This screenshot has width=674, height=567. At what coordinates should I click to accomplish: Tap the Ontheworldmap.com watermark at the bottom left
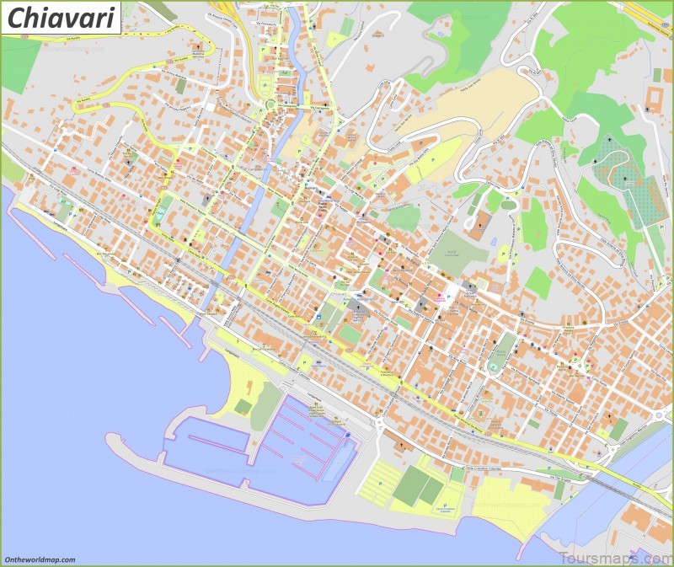[x=40, y=559]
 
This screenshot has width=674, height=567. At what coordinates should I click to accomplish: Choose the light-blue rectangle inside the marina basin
[x=336, y=463]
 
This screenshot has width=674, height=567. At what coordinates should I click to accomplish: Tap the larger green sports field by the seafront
[x=410, y=486]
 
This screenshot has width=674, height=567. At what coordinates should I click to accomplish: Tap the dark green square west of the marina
[x=243, y=407]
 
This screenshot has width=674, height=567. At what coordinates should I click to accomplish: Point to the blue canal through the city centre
[x=253, y=202]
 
